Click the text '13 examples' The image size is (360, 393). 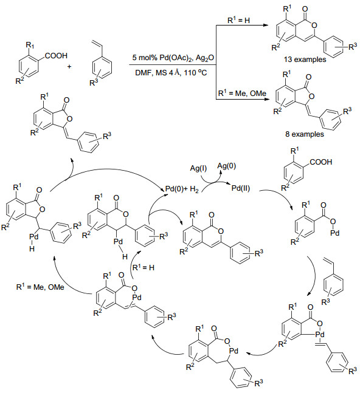(305, 60)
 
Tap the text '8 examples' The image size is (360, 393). (304, 134)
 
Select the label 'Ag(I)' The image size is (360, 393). (198, 168)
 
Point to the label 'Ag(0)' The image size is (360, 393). (226, 166)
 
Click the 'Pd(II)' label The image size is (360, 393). (241, 188)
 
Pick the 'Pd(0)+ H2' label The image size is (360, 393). (182, 190)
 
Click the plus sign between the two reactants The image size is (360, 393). (69, 66)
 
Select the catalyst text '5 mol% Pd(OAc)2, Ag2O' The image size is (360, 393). (173, 58)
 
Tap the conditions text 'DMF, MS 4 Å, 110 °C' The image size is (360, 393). (171, 73)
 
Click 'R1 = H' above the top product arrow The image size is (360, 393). (238, 20)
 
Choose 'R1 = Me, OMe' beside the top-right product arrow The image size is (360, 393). (242, 93)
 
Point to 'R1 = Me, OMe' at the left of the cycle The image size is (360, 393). (40, 287)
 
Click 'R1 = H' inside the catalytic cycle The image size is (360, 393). (144, 267)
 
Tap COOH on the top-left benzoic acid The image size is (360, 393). (56, 55)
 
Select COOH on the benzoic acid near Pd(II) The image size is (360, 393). (321, 162)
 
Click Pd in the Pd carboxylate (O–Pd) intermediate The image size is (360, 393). (334, 233)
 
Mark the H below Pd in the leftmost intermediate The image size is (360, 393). (32, 248)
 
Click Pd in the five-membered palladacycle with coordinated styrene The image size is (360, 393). (320, 334)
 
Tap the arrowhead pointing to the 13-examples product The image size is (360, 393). (265, 25)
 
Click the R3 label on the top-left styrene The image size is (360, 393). (94, 82)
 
